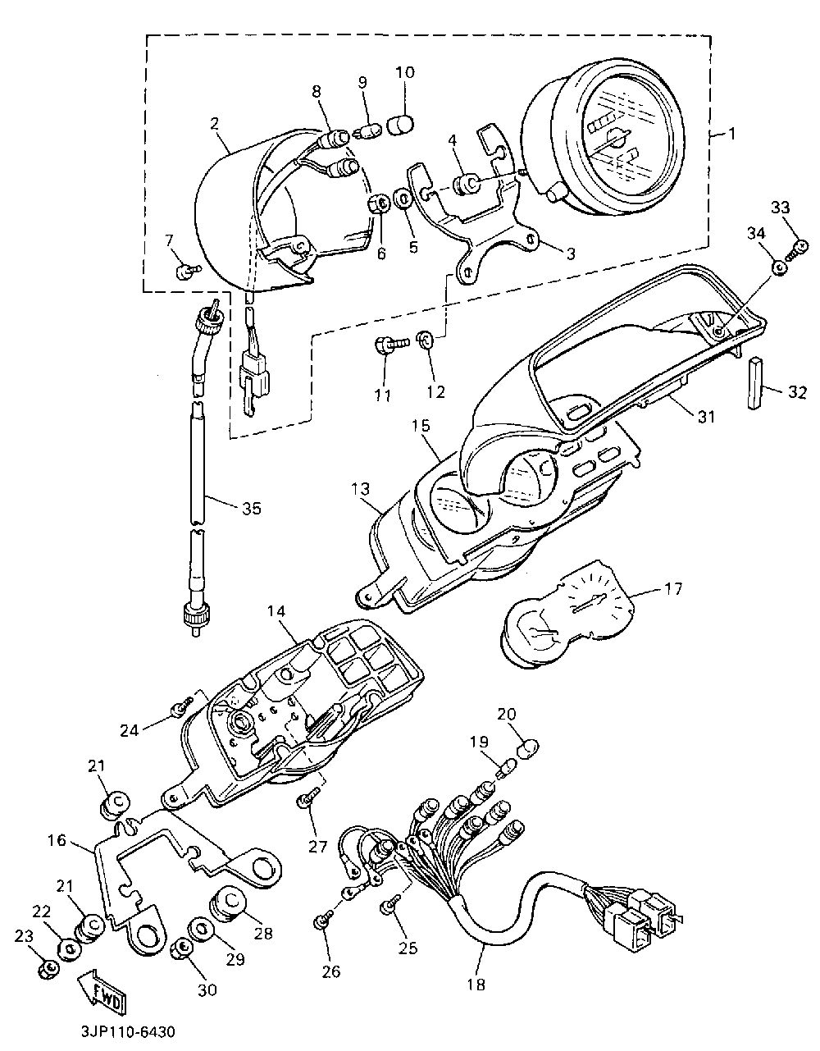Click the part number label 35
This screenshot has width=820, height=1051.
pos(251,509)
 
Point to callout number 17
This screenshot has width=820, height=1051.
pos(672,589)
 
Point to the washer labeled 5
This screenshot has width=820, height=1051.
pos(403,200)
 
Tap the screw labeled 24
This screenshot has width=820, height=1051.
pos(182,706)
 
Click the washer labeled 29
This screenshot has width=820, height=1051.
pos(199,929)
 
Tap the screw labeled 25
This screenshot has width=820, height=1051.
pos(389,906)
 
